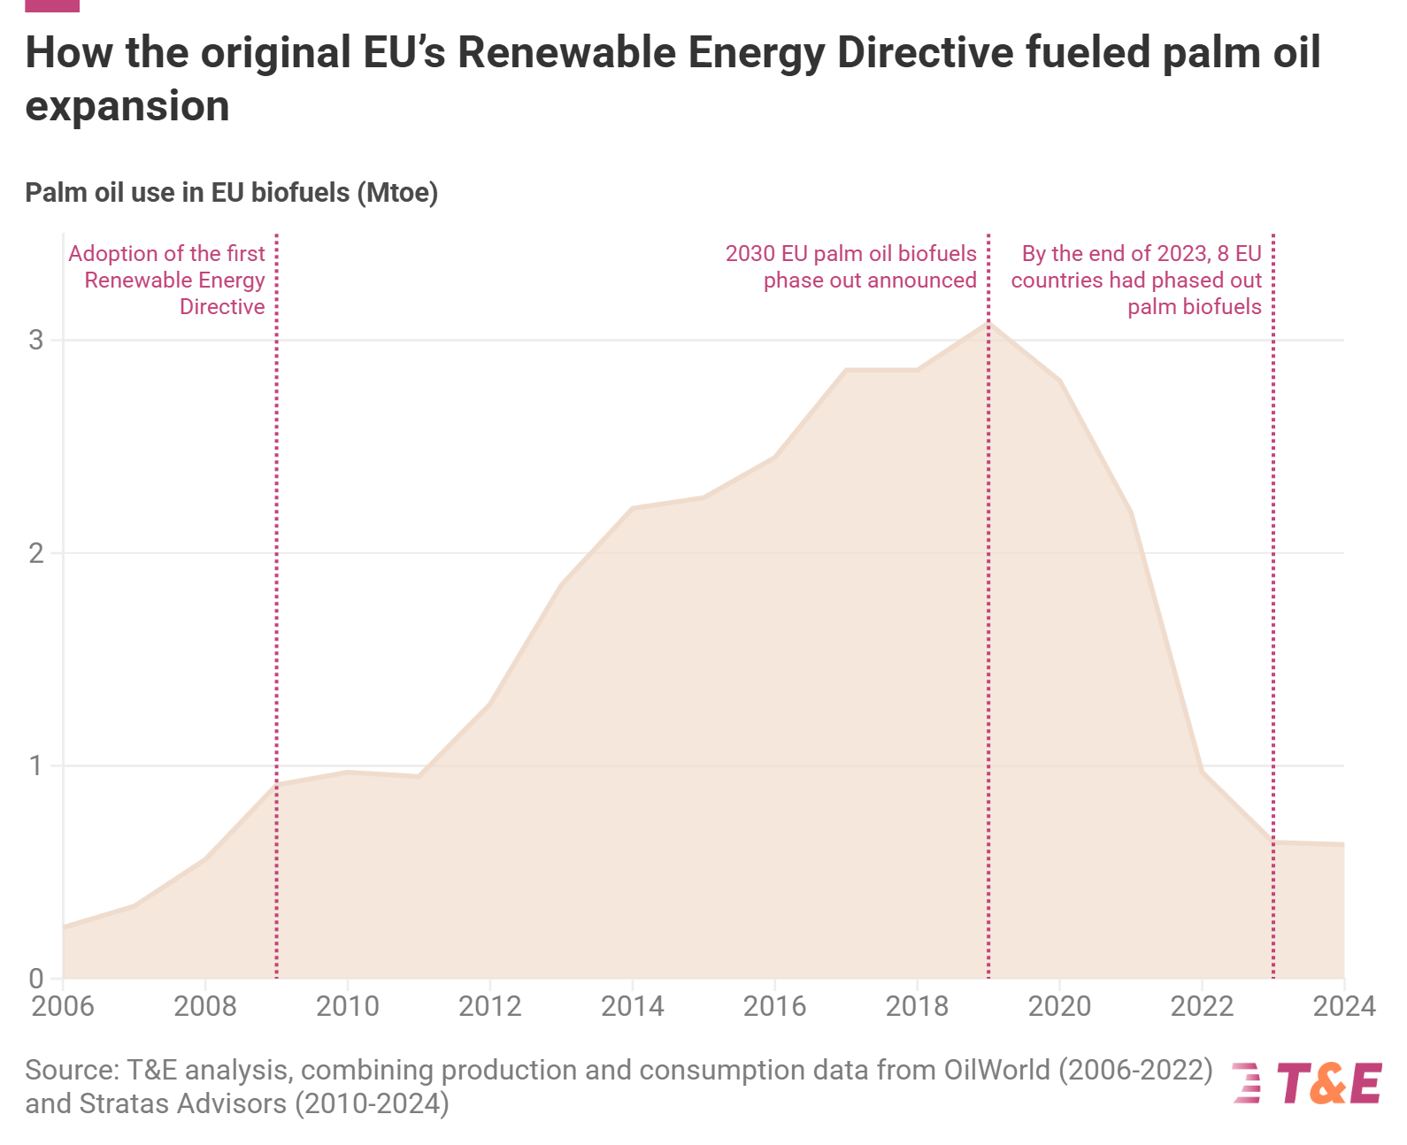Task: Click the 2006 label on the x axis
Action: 63,1006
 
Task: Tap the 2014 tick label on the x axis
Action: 632,1006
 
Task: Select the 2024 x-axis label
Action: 1343,1006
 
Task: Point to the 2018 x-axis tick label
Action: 917,1006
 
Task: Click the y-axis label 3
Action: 36,340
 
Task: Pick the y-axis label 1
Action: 36,765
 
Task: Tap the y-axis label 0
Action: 36,978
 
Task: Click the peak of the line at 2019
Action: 988,323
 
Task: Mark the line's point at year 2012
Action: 489,704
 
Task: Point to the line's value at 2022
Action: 1202,772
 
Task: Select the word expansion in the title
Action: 127,106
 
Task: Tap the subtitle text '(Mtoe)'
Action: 397,192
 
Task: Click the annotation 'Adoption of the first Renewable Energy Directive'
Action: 168,280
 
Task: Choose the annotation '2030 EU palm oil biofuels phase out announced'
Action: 851,266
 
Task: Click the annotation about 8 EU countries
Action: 1137,280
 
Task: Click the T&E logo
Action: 1306,1083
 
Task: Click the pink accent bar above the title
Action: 52,5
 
